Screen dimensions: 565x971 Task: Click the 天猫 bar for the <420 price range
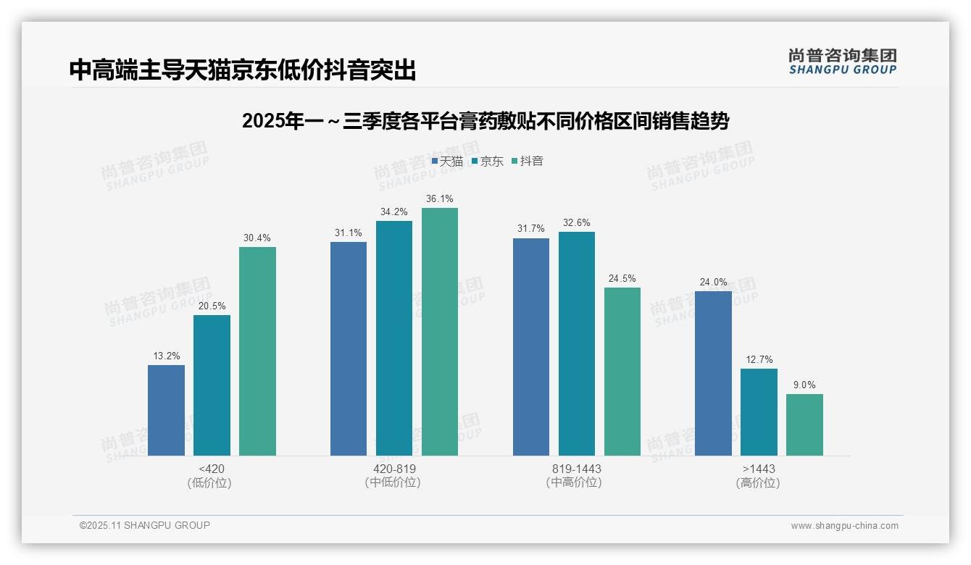[166, 410]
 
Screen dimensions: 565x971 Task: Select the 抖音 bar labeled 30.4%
[257, 351]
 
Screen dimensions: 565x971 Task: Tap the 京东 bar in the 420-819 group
[394, 338]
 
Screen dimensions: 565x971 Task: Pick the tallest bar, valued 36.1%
[440, 332]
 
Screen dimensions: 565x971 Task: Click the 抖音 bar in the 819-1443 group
[622, 372]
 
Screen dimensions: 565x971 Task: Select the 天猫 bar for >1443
[713, 373]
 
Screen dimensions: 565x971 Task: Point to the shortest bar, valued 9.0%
[804, 424]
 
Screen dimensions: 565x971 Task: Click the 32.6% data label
[577, 223]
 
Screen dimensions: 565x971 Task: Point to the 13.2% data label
[167, 356]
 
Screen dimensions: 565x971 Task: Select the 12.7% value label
[759, 360]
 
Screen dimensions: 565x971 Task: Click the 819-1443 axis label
[577, 469]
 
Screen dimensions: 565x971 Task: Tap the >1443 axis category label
[759, 469]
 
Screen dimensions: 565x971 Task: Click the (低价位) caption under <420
[209, 483]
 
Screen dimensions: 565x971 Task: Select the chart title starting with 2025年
[485, 121]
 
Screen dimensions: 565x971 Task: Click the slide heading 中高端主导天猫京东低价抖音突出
[243, 70]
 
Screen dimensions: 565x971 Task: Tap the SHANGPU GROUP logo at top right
[843, 62]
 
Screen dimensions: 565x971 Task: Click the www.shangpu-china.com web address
[844, 526]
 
